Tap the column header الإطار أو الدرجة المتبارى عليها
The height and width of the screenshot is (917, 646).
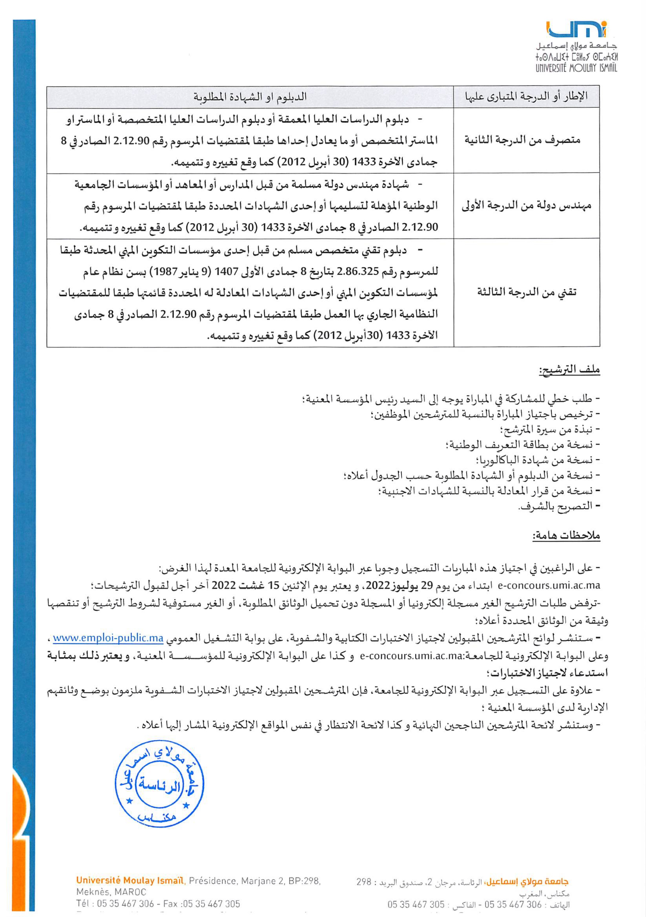[527, 96]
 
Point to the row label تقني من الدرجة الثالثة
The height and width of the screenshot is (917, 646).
[527, 292]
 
